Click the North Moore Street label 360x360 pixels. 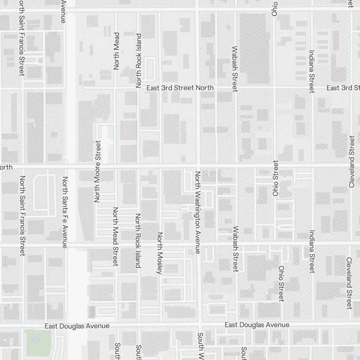97,171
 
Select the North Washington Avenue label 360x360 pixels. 198,212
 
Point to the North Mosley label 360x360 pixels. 159,253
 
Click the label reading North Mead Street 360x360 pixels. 116,237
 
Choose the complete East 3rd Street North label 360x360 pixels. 180,88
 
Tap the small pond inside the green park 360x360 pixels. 36,340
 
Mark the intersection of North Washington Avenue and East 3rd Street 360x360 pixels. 198,87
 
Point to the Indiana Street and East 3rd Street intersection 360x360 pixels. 312,87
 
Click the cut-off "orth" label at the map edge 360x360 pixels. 6,167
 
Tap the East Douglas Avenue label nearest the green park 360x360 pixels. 77,326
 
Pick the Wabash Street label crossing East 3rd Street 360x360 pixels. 235,68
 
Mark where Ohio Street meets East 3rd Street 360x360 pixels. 274,87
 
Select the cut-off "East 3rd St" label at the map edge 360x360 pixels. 343,88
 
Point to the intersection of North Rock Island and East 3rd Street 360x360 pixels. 139,87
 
